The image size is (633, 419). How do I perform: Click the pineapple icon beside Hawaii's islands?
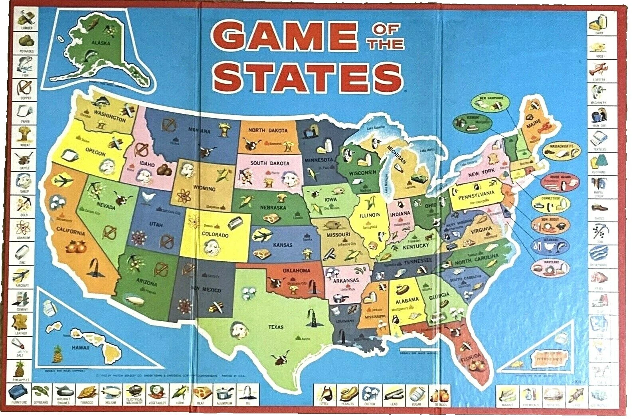point(58,353)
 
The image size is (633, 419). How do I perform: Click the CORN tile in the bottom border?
point(178,395)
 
